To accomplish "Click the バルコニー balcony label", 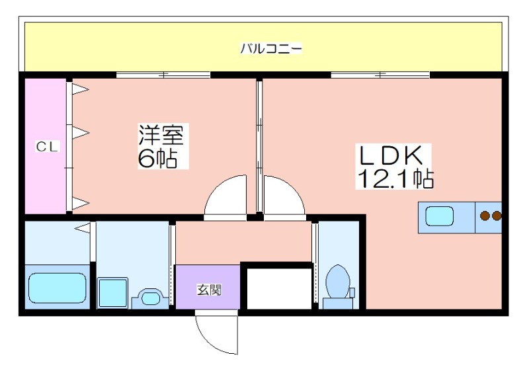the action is tap(270, 48).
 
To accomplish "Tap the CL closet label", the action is tap(47, 146).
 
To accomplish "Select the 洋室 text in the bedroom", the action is tap(161, 134).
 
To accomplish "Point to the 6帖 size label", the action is tap(157, 158).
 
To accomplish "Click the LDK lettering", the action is tap(391, 155).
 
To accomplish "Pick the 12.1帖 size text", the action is tap(395, 178).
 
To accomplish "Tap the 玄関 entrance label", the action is tap(209, 290).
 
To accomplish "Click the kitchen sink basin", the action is tap(439, 216).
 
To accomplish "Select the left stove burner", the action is tap(485, 216).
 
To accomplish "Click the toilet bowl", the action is tap(338, 282).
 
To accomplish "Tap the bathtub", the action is tap(58, 288).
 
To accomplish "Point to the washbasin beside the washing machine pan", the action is tap(149, 298).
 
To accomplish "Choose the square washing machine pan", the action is tap(112, 292).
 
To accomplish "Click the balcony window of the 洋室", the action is tap(163, 75).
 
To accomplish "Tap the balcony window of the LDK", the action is tap(380, 75).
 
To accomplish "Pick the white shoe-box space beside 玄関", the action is tap(279, 288).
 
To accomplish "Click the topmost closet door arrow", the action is tap(81, 89).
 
